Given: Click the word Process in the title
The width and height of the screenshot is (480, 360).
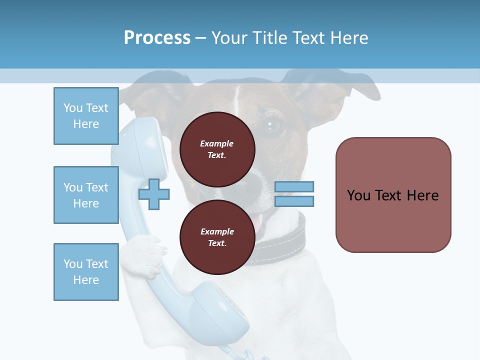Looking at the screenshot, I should (157, 38).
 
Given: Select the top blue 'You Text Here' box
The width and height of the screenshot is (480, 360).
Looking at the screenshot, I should (86, 116).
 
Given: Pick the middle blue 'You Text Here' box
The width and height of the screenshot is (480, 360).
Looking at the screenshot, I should (86, 195).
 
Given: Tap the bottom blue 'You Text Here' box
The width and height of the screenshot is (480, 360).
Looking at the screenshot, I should (86, 272).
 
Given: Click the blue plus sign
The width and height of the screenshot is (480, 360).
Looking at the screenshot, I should (154, 194).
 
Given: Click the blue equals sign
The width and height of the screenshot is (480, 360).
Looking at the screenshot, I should (294, 194).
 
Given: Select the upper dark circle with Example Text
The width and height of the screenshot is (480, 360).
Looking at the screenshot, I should (217, 149).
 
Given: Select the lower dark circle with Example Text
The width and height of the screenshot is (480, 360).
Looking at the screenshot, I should (217, 237).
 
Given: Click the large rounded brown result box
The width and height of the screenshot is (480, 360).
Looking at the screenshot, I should (393, 195).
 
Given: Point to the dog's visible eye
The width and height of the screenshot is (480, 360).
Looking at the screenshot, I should (273, 125).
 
